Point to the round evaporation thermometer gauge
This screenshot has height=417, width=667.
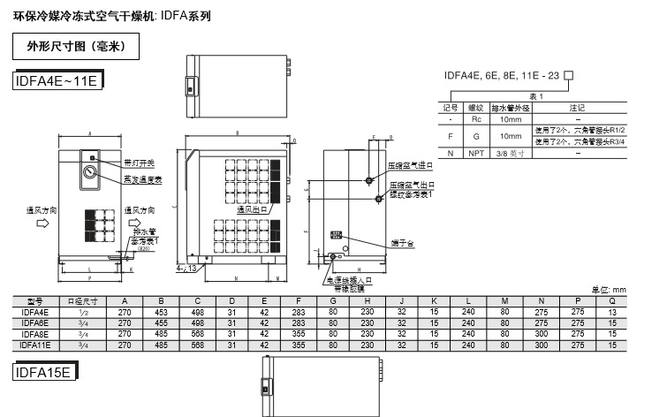click(91, 173)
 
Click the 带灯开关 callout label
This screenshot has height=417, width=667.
click(138, 163)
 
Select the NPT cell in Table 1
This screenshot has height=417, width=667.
click(475, 154)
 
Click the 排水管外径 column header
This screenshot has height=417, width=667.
click(510, 107)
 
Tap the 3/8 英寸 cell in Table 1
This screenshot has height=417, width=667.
click(510, 154)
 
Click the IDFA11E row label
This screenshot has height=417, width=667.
click(36, 345)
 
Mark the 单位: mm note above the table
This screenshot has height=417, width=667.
click(608, 290)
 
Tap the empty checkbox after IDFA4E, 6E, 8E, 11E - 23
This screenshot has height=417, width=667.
click(569, 74)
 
